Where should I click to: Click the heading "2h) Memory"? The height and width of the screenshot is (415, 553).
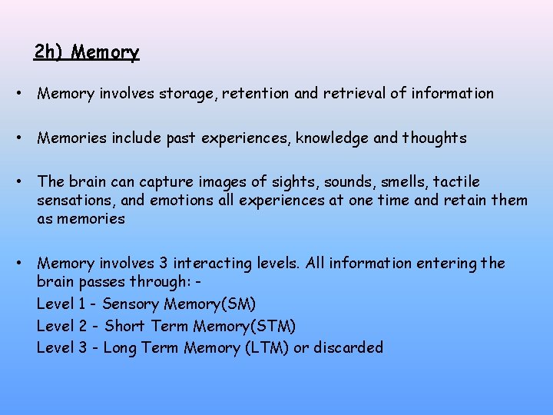[87, 52]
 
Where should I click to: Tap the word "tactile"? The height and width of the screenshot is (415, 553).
[457, 182]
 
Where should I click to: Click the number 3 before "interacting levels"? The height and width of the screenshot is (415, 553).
[170, 264]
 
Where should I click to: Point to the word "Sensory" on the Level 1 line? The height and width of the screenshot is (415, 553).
[131, 304]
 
